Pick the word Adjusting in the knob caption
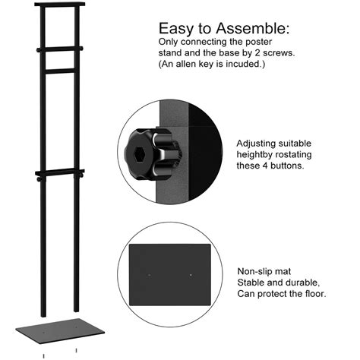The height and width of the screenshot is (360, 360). point(256,144)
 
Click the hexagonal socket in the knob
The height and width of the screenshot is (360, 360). point(139,153)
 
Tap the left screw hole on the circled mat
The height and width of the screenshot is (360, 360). point(150,275)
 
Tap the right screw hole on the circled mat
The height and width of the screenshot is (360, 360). point(191,275)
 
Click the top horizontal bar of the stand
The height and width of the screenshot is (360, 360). point(60,4)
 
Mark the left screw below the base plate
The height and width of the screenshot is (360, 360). point(43,356)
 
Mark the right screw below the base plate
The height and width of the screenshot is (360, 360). point(76,351)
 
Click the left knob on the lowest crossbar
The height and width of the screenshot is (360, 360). point(39,179)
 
